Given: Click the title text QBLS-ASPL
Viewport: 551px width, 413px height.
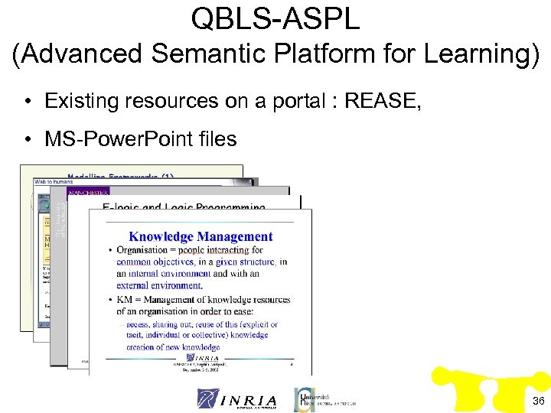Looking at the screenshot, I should (275, 18).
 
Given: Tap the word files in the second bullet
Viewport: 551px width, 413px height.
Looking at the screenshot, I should (217, 139).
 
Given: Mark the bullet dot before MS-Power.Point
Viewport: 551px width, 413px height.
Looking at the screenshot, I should (27, 140).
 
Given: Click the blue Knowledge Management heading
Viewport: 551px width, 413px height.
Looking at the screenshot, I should (201, 236).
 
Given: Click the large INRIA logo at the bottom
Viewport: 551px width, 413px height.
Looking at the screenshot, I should (237, 398).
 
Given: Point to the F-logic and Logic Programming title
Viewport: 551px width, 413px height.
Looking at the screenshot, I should (184, 207).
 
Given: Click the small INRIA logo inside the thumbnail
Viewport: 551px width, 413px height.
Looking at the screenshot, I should (201, 358).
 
